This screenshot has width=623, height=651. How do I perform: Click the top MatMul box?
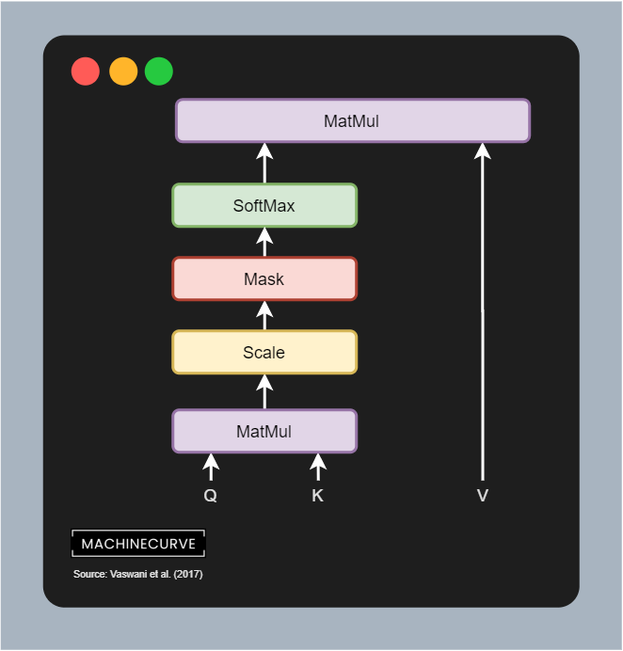(x=353, y=120)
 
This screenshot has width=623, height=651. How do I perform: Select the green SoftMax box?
(x=264, y=205)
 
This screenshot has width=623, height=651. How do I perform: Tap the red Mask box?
(x=264, y=278)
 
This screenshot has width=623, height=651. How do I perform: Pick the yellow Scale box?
(x=264, y=353)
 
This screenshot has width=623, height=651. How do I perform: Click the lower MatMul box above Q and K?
(x=264, y=432)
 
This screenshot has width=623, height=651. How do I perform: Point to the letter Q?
(x=211, y=496)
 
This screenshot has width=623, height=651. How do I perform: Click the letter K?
(x=318, y=496)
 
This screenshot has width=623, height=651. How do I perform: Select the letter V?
(x=483, y=496)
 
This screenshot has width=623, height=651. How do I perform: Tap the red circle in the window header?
(x=86, y=71)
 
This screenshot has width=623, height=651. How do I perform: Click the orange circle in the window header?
(x=123, y=71)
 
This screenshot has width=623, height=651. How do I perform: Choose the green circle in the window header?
(x=159, y=71)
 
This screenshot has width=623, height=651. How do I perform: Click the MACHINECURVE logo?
(x=137, y=544)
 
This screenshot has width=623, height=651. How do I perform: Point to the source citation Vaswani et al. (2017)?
(x=137, y=574)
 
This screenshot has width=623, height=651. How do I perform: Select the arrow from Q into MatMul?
(x=211, y=467)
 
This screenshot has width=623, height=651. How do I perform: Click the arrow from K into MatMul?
(x=318, y=467)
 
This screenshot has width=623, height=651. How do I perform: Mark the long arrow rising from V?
(x=483, y=310)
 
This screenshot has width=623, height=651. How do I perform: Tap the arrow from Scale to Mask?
(x=264, y=315)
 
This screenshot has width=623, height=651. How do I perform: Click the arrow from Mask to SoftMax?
(x=264, y=242)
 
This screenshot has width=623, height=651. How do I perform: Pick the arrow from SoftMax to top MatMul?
(x=264, y=163)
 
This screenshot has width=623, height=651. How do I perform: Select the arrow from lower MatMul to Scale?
(x=264, y=391)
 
